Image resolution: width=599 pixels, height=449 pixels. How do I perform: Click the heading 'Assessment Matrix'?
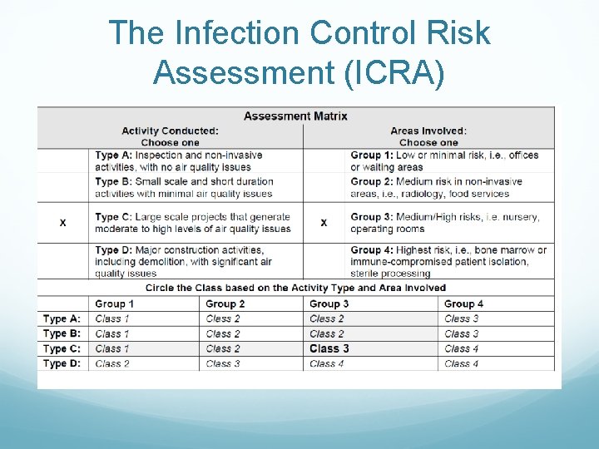click(x=295, y=116)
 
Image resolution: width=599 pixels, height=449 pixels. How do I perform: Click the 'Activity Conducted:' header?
click(x=170, y=131)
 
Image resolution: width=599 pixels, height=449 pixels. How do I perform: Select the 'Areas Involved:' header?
click(x=428, y=131)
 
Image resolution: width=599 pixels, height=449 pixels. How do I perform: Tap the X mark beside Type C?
click(x=63, y=223)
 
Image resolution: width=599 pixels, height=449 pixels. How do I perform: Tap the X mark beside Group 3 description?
click(x=324, y=223)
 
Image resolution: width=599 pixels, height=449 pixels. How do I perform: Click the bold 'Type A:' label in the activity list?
click(x=113, y=155)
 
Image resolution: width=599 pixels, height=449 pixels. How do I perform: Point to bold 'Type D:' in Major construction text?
click(x=113, y=250)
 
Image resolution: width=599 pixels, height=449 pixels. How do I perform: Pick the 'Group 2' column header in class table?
click(x=225, y=303)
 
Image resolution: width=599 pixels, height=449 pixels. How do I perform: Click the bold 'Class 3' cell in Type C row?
click(x=329, y=348)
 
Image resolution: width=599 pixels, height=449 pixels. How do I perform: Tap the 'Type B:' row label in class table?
click(x=62, y=333)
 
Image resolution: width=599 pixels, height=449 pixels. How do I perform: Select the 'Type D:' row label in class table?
click(x=62, y=363)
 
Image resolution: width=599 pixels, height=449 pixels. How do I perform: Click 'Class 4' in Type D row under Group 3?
click(x=326, y=363)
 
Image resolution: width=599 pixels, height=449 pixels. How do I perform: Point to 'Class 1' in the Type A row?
click(x=112, y=318)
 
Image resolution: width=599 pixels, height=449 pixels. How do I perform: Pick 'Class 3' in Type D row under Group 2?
click(x=222, y=363)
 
